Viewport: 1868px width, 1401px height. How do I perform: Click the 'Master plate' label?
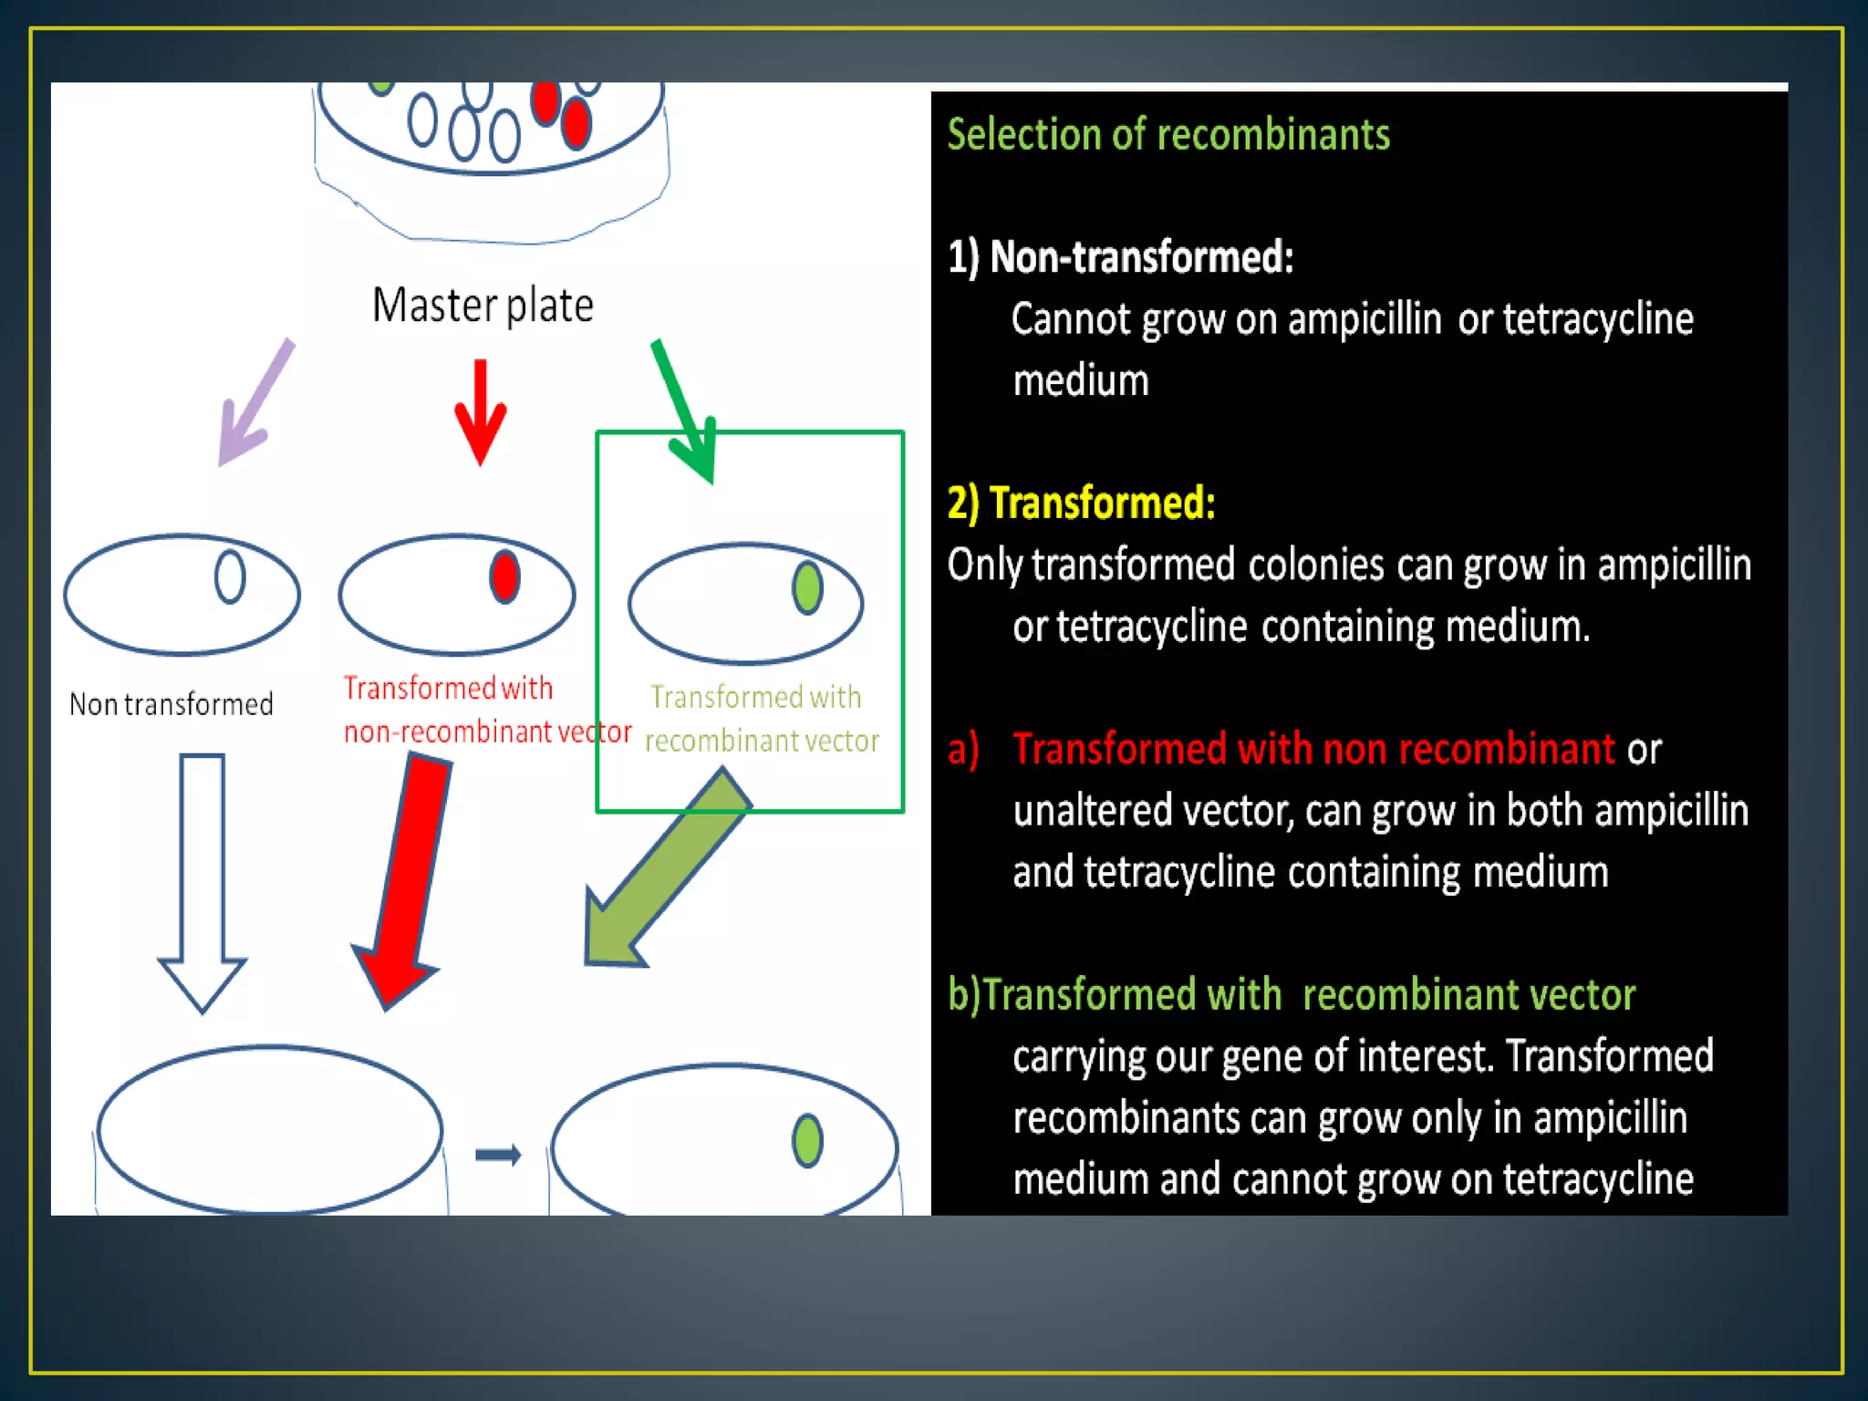[x=483, y=305]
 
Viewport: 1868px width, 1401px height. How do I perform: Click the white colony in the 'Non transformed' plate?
[x=230, y=576]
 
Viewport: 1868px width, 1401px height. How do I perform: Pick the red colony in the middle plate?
[x=504, y=576]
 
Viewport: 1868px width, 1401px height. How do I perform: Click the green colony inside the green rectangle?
[x=807, y=587]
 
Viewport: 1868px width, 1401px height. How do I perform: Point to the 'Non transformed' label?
[x=171, y=704]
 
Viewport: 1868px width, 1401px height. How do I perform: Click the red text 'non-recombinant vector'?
[x=487, y=732]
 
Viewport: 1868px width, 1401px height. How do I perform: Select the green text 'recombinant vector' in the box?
[x=762, y=741]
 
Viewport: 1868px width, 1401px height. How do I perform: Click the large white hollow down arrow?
[x=202, y=876]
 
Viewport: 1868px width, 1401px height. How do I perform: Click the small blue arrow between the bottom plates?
[x=498, y=1155]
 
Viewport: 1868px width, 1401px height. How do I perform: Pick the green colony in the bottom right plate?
[x=807, y=1140]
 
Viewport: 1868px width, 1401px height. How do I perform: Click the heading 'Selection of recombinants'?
[x=1168, y=134]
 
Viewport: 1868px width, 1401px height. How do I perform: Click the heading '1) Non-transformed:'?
[x=1120, y=257]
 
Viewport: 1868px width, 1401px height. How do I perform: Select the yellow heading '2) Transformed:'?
[x=1082, y=503]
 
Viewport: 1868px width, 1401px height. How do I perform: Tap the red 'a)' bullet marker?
[x=963, y=749]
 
